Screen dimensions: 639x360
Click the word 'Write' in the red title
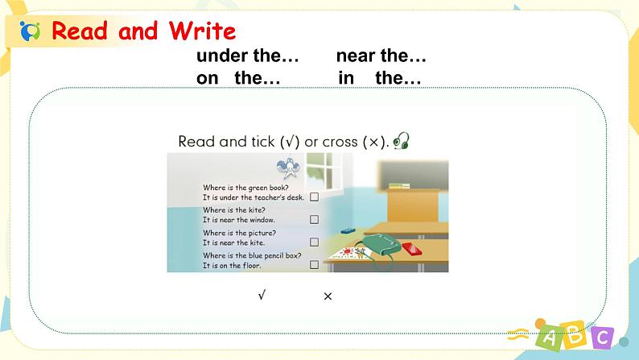(x=203, y=31)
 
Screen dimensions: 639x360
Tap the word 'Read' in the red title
(x=80, y=31)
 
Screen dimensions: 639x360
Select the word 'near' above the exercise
(x=356, y=56)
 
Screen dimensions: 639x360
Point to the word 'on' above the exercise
(x=208, y=78)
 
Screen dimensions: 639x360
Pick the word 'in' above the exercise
(x=346, y=77)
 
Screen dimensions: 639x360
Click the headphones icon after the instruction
(x=402, y=141)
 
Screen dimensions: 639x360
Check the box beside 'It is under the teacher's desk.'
(x=314, y=197)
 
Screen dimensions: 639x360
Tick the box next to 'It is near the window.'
(x=314, y=219)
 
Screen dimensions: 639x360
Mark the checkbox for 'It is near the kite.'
(x=314, y=242)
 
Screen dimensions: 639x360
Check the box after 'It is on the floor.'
(x=314, y=265)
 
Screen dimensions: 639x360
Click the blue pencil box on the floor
(x=348, y=231)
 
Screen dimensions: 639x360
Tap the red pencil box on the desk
(x=412, y=249)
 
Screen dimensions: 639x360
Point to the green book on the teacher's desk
(x=399, y=186)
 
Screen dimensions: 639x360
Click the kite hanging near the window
(x=289, y=168)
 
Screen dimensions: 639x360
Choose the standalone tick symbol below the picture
(x=262, y=295)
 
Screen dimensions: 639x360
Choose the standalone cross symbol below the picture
(x=328, y=296)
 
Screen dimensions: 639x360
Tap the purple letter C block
(x=602, y=337)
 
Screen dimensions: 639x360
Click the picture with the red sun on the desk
(x=348, y=254)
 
